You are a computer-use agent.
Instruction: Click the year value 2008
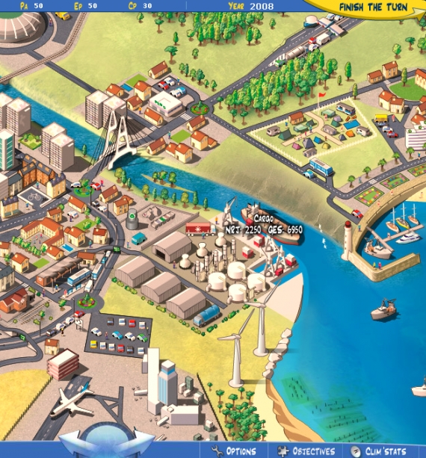coord(262,6)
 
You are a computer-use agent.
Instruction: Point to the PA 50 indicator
coord(31,5)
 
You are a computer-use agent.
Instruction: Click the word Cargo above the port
coord(253,218)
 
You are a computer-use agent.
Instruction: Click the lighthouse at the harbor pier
coord(348,238)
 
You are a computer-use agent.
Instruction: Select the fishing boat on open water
coord(383,309)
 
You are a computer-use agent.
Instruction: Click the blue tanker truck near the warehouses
coord(206,317)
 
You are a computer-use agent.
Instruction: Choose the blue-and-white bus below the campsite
coord(321,167)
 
